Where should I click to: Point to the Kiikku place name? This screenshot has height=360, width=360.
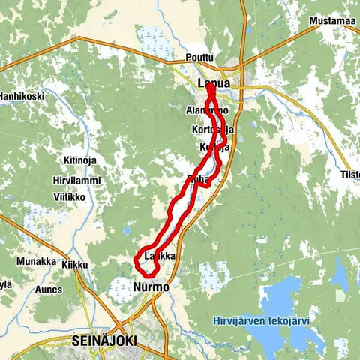(x=75, y=265)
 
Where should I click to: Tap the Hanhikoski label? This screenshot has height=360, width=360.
(x=21, y=96)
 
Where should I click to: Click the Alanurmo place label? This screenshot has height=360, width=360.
(x=205, y=110)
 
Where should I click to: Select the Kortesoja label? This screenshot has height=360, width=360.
(x=213, y=130)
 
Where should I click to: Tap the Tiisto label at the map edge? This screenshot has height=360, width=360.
(x=350, y=175)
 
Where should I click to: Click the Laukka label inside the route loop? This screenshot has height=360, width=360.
(x=159, y=256)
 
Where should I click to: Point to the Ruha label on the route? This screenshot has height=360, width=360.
(x=197, y=179)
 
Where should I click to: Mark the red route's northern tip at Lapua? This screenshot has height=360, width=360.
(x=209, y=87)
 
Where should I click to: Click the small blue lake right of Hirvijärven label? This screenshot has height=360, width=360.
(x=340, y=281)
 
